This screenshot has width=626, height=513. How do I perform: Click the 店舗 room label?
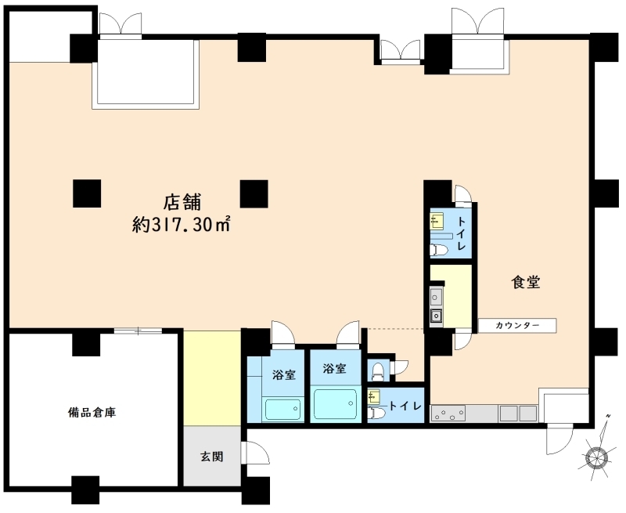[182, 202]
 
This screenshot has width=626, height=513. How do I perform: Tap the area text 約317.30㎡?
[182, 225]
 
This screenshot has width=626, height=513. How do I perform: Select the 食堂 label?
[526, 282]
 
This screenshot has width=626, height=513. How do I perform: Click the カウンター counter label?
[517, 325]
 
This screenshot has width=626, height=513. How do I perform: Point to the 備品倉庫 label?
[92, 412]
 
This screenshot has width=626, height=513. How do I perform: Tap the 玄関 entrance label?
[211, 457]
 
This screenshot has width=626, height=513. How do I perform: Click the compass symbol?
[596, 457]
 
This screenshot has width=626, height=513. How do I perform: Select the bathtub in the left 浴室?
[283, 410]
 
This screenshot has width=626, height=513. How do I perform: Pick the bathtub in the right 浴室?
[336, 403]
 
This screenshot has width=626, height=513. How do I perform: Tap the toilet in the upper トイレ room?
[439, 250]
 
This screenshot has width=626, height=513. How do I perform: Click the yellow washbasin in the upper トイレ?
[437, 222]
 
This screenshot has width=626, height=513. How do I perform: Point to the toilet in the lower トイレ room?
[376, 413]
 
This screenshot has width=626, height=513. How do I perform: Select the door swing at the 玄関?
[256, 453]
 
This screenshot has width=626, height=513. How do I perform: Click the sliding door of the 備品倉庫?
[139, 331]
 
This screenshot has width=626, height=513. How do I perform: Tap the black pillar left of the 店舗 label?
[87, 193]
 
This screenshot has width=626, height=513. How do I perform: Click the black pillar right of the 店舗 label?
[254, 193]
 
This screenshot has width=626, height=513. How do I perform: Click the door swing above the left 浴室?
[282, 332]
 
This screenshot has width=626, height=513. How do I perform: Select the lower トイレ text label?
[405, 406]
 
